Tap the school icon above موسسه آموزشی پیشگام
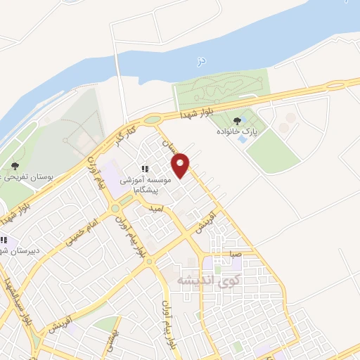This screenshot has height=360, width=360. (145, 169)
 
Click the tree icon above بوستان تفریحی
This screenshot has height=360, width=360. (15, 165)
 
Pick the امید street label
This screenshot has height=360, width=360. (156, 209)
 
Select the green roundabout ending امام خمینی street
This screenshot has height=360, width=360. (114, 208)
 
